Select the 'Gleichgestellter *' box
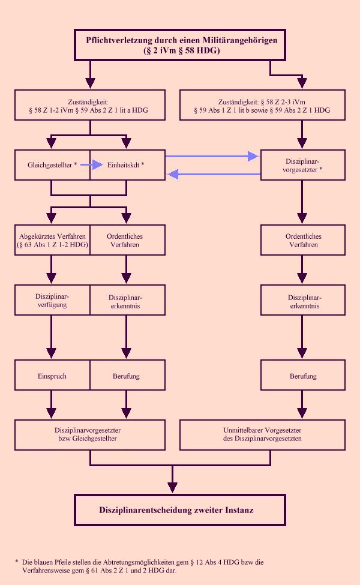click(x=53, y=164)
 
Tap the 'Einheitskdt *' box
click(x=127, y=164)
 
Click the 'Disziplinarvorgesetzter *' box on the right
click(x=302, y=164)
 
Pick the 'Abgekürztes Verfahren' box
click(x=53, y=240)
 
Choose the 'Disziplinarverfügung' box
click(x=53, y=300)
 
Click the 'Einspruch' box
click(x=53, y=376)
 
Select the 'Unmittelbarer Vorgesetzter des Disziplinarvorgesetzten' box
click(x=262, y=434)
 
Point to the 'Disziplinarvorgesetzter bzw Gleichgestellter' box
click(x=90, y=434)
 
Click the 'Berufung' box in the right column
click(x=302, y=376)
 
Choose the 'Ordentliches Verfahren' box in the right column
click(x=302, y=240)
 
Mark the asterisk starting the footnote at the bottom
click(x=17, y=562)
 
